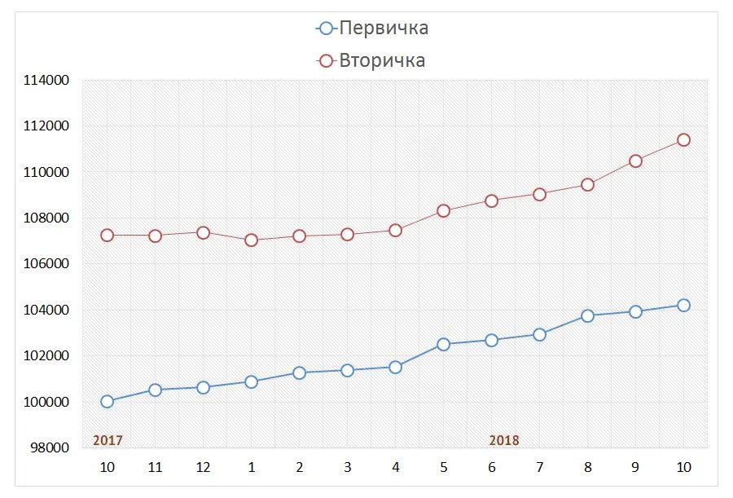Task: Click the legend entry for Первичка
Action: (x=373, y=28)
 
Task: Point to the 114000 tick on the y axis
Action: (x=46, y=81)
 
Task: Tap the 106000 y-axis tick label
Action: (x=46, y=264)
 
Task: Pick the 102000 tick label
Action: (x=46, y=356)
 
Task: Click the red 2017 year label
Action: (x=108, y=440)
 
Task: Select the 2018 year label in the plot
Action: (x=504, y=440)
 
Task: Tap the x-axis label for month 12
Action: (x=203, y=467)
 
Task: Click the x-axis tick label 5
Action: (x=443, y=467)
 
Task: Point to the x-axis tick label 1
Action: (x=251, y=467)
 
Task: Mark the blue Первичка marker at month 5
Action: (x=443, y=344)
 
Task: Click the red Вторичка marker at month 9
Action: (x=635, y=161)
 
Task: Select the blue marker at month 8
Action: (x=587, y=315)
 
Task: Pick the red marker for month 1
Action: (x=251, y=240)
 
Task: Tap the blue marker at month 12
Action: (x=203, y=387)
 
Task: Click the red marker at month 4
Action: (x=395, y=230)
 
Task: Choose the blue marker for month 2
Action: (x=299, y=372)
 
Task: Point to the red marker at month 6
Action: (x=491, y=201)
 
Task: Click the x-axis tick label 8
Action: (x=587, y=467)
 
